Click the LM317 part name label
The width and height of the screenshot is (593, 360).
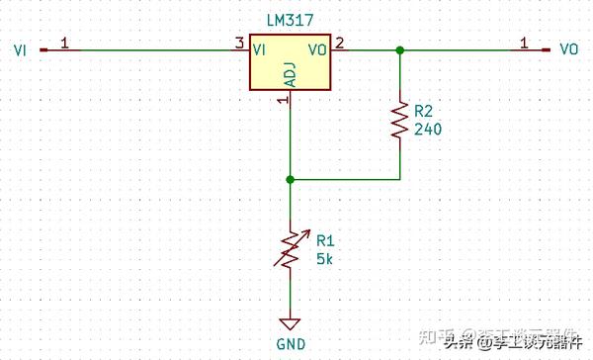click(289, 20)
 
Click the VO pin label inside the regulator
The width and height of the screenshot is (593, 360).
click(317, 47)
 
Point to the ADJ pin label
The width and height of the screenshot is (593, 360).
click(289, 74)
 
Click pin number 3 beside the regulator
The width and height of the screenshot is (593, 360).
click(238, 43)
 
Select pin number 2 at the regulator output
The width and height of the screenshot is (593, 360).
click(339, 43)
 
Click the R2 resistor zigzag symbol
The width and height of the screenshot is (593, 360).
click(399, 118)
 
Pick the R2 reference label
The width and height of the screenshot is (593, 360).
click(424, 112)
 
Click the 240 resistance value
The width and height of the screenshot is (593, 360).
click(427, 129)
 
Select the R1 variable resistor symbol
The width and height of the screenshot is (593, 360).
click(290, 250)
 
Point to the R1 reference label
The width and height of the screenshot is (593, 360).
click(325, 238)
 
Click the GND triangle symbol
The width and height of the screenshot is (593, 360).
click(290, 323)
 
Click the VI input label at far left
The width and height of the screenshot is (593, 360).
click(19, 48)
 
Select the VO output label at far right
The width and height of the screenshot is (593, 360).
click(569, 48)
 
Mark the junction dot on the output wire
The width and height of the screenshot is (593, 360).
click(399, 48)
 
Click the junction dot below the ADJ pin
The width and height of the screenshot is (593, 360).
click(290, 180)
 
